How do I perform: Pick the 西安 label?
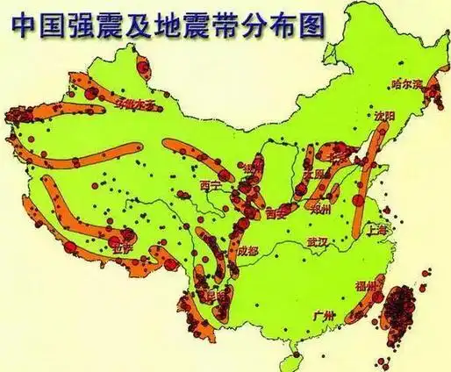(x=276, y=212)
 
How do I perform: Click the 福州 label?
(x=365, y=286)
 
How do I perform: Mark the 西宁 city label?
(x=211, y=185)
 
